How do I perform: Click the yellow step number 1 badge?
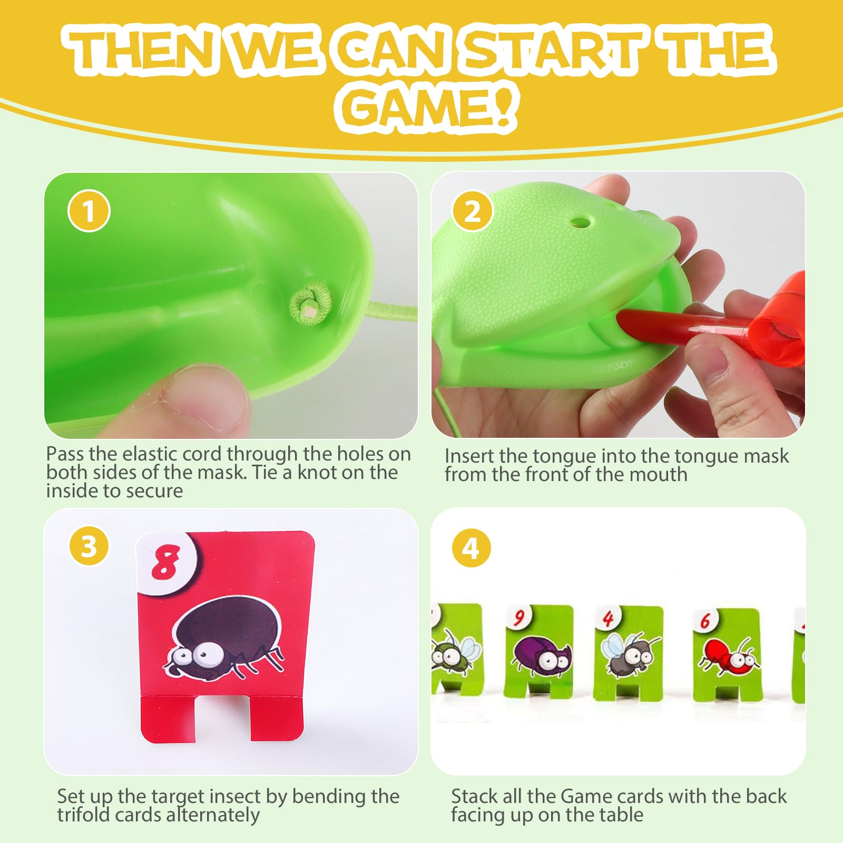click(x=89, y=211)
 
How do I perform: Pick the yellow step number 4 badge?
click(x=471, y=548)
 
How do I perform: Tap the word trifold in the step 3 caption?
click(x=83, y=815)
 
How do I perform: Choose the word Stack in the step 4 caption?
click(x=474, y=796)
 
